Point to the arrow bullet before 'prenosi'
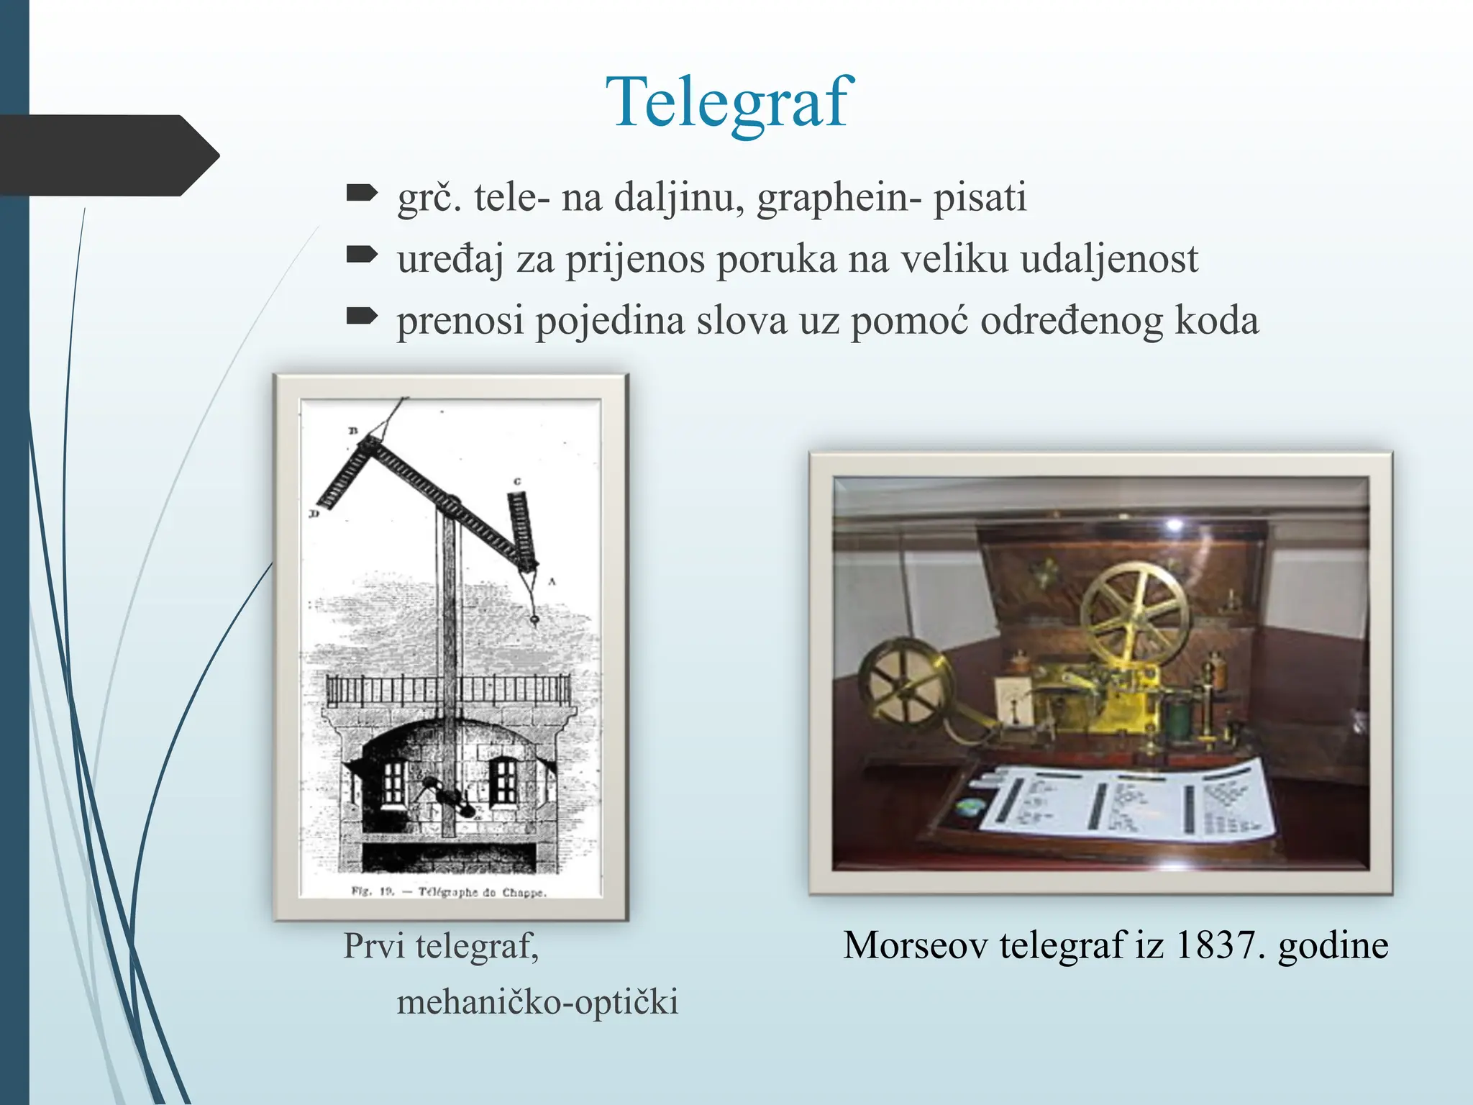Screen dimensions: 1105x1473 [x=362, y=317]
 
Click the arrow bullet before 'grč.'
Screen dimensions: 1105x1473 [x=362, y=193]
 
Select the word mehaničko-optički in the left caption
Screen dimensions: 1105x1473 [x=537, y=1002]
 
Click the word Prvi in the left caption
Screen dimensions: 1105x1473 [x=374, y=945]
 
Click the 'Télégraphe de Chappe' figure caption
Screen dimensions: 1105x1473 [x=450, y=892]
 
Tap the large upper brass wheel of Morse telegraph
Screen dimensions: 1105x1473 [x=1134, y=612]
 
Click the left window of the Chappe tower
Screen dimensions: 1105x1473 [x=393, y=783]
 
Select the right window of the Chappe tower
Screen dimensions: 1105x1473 [x=503, y=783]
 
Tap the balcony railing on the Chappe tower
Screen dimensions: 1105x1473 [x=450, y=691]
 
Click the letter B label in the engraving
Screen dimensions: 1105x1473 [x=353, y=431]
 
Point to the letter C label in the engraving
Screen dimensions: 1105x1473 [x=517, y=481]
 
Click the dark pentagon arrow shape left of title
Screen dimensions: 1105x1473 [x=108, y=155]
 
